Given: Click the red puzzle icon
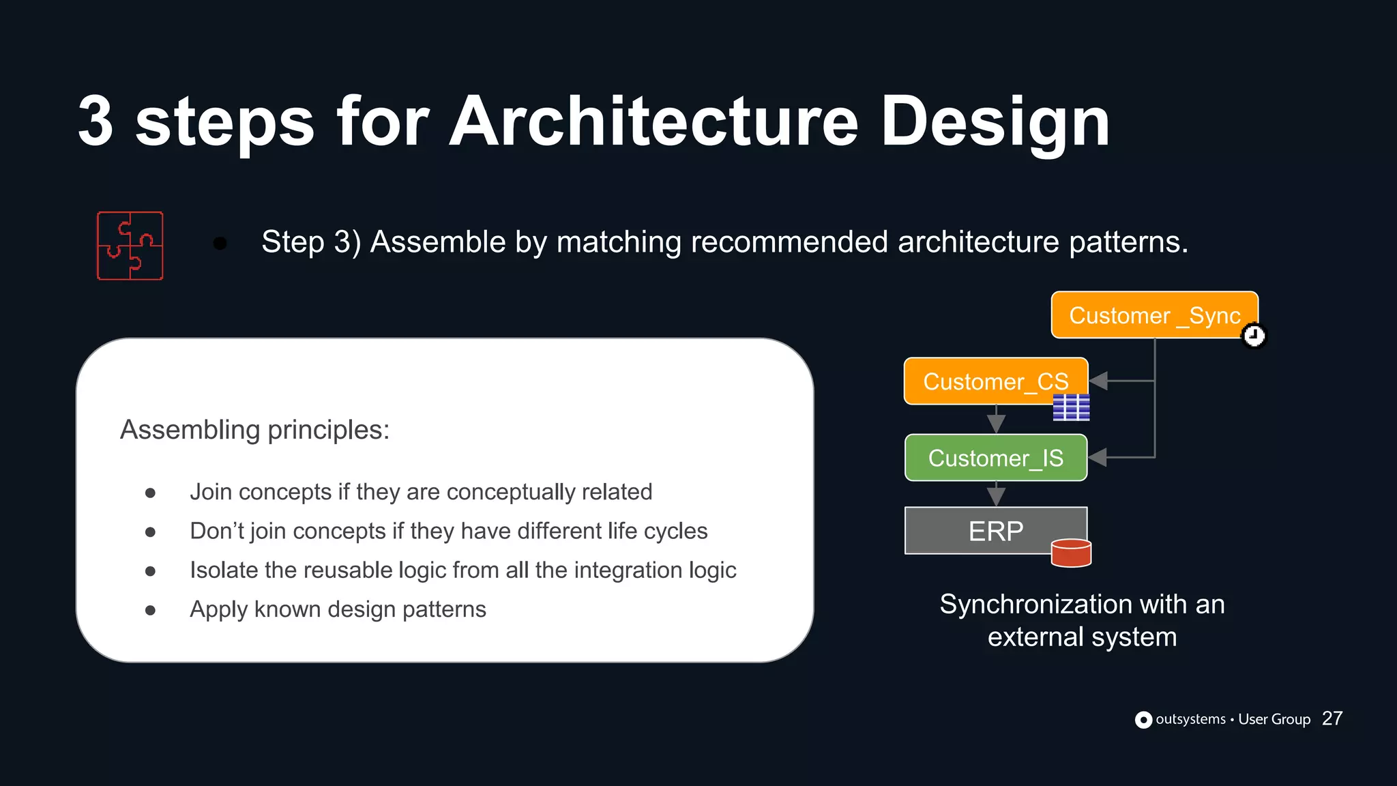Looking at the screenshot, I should tap(130, 246).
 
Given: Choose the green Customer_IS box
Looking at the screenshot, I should tap(995, 458).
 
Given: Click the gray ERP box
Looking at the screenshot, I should tap(995, 530).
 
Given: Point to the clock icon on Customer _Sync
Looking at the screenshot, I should tap(1254, 336).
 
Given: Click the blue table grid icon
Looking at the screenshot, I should tap(1071, 407).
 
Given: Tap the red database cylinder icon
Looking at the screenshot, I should tap(1071, 553).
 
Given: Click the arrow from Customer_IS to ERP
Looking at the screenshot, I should tap(996, 494).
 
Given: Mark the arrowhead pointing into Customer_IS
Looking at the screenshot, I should tap(1098, 457).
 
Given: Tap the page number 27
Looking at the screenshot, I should tap(1332, 718).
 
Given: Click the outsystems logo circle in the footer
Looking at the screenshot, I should tap(1143, 720).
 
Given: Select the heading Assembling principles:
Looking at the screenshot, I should tap(254, 430).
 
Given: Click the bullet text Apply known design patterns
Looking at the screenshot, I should tap(338, 609).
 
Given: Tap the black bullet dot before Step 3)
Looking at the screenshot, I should tap(220, 243).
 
